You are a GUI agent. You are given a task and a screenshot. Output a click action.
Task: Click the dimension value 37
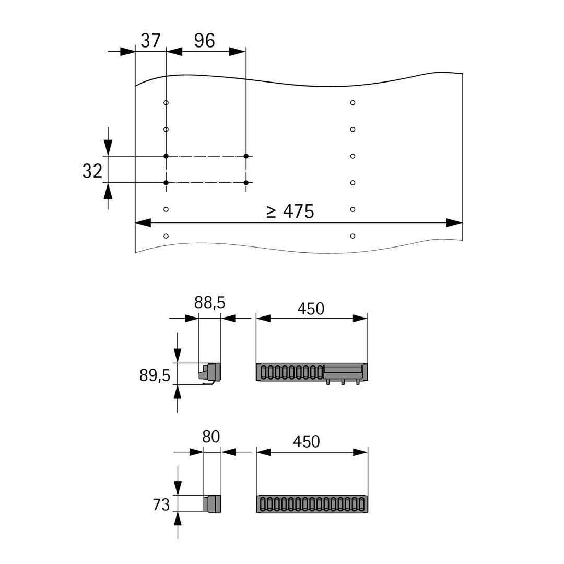[x=151, y=41]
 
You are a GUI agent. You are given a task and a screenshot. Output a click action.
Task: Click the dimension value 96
[x=204, y=41]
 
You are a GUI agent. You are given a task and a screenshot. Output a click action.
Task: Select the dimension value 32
[x=92, y=171]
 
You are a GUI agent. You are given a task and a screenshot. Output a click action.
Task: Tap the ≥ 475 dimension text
[x=290, y=211]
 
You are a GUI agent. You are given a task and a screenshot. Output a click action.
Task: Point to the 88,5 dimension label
[x=209, y=302]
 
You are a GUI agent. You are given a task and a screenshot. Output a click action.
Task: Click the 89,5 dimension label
[x=155, y=375]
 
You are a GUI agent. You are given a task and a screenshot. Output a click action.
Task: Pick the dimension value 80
[x=211, y=437]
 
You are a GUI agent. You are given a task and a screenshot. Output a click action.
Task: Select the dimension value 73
[x=161, y=504]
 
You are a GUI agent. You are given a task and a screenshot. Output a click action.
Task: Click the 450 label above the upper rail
[x=311, y=309]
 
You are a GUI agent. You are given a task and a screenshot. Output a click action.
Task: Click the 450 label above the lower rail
[x=306, y=442]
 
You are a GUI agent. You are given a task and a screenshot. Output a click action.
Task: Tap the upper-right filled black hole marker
[x=246, y=156]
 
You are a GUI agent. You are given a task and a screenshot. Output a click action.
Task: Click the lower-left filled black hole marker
[x=166, y=183]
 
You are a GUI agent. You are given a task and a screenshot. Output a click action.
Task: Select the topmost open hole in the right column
[x=353, y=103]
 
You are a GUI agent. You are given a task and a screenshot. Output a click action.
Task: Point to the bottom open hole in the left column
[x=166, y=236]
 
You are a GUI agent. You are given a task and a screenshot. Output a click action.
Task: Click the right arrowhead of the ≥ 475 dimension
[x=455, y=223]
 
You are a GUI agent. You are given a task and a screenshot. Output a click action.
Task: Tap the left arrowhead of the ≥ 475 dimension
[x=143, y=223]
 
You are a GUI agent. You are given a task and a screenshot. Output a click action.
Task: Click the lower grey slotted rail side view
[x=312, y=504]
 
